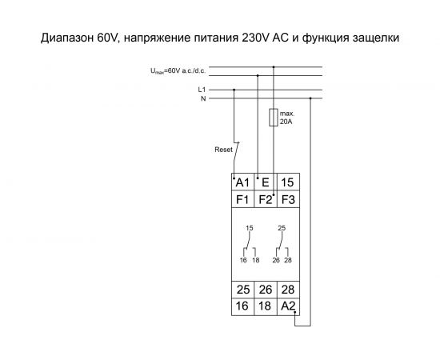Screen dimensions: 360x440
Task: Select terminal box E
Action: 266,182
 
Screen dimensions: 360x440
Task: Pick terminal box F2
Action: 266,198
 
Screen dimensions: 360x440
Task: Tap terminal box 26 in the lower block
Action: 266,289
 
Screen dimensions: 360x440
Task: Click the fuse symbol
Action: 274,118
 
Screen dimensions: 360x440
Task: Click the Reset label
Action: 223,150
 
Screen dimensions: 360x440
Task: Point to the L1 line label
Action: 202,90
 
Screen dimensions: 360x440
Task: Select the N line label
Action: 203,98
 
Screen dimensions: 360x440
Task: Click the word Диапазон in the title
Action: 68,37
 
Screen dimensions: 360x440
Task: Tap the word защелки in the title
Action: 371,37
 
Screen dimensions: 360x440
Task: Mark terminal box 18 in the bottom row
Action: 266,305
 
